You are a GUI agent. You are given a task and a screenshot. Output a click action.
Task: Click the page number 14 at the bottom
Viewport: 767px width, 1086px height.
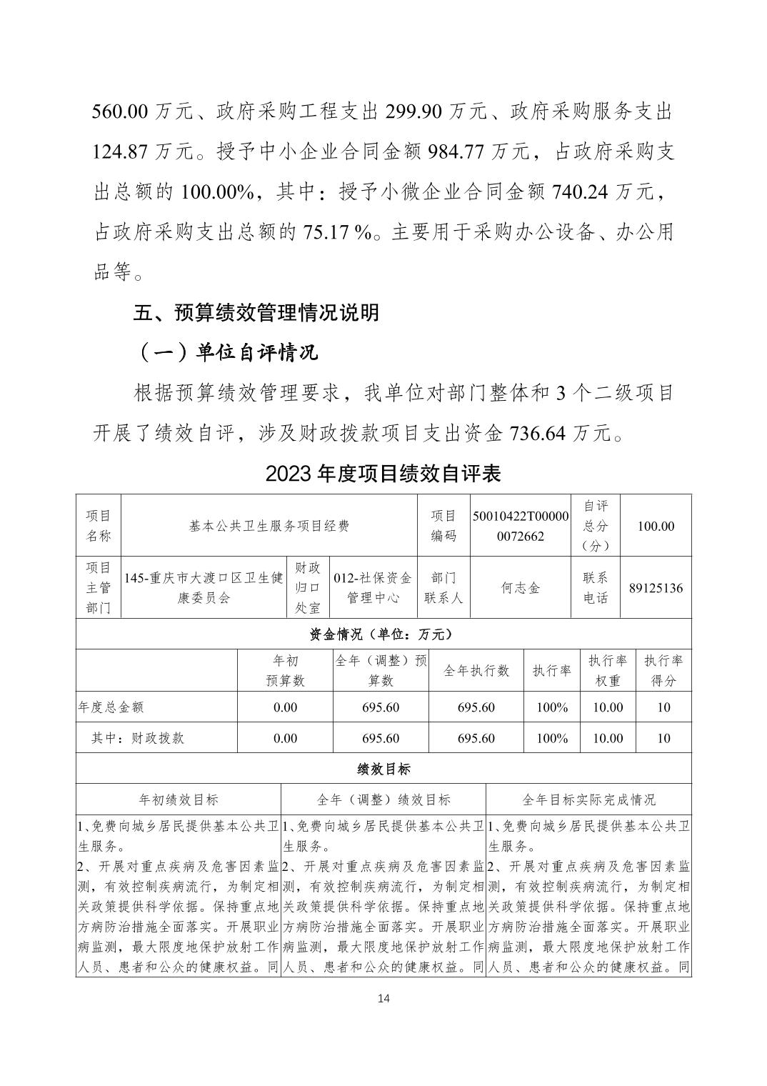383,998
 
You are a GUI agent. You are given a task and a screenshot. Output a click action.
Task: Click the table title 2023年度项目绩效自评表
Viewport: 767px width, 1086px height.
383,473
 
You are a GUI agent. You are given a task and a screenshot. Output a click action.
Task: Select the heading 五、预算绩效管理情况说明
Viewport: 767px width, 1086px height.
256,313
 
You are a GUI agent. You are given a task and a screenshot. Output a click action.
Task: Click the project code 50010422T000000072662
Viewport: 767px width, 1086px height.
521,526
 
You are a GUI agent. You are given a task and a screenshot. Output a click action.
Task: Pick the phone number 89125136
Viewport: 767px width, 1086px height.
656,588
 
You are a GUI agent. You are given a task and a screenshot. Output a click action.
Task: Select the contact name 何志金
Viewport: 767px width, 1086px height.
521,588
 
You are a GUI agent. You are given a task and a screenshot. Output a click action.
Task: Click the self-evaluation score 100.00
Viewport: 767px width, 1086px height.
656,526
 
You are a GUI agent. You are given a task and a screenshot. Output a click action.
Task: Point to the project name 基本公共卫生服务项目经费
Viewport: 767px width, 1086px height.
269,526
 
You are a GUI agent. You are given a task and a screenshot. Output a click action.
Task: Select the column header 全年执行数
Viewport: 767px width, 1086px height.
476,671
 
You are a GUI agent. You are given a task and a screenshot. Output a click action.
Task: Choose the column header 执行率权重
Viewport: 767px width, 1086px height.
608,671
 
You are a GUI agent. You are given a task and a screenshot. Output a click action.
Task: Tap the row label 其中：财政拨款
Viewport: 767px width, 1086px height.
137,738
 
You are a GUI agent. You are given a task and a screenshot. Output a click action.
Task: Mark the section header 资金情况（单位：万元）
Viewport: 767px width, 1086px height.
383,634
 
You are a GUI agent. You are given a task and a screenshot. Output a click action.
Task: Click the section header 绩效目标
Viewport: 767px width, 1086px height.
383,769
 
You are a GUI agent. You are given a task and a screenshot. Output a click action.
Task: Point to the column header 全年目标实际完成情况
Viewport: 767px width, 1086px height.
588,799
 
